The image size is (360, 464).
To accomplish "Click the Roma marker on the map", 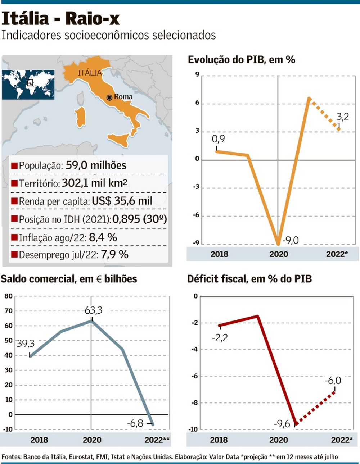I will (x=109, y=97).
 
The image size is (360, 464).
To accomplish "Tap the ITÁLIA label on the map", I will (x=90, y=73).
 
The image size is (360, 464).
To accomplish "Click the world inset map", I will (x=28, y=85).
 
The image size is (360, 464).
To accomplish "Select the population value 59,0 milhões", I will (x=96, y=165).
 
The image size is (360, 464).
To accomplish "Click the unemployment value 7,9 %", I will (x=114, y=255).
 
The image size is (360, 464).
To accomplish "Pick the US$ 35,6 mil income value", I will (x=122, y=201).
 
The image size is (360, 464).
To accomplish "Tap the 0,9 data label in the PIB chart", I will (x=218, y=139).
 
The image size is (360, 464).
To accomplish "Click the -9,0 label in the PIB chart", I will (x=290, y=240).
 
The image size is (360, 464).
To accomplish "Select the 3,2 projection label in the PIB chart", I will (x=343, y=117).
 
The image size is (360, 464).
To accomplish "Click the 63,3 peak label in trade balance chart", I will (x=93, y=310).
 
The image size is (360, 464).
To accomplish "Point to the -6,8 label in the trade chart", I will (x=135, y=423).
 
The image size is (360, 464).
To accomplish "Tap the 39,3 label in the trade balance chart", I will (x=26, y=344).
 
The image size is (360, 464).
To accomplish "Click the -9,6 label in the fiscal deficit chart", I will (x=282, y=424).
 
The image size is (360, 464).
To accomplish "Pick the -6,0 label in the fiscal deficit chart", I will (x=333, y=381).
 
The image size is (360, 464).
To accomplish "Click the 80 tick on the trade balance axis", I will (x=8, y=296).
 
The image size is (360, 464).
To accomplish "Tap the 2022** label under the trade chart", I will (x=157, y=440).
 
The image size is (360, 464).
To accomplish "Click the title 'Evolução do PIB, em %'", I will (x=242, y=60).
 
